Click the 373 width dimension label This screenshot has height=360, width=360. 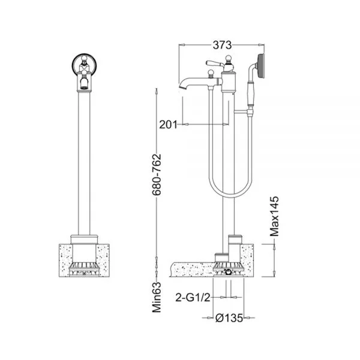[x=222, y=45]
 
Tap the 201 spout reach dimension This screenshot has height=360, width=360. [x=168, y=125]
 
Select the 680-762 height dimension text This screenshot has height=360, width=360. [x=157, y=175]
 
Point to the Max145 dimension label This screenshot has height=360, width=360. [x=274, y=216]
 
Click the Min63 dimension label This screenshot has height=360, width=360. [x=157, y=298]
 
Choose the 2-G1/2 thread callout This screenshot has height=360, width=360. [x=193, y=298]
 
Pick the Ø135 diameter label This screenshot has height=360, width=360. [x=229, y=318]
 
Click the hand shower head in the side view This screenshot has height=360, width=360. [x=261, y=66]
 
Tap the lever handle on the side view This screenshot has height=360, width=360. [x=214, y=64]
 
